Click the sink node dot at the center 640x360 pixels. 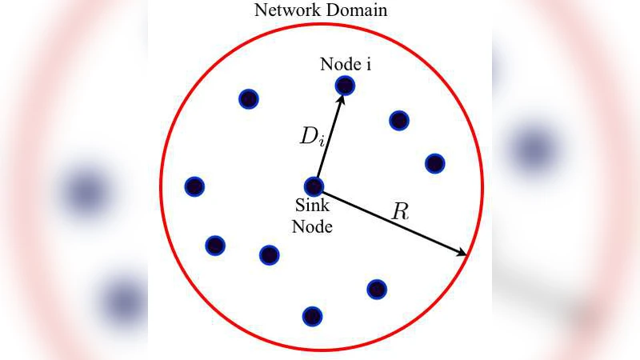(x=314, y=186)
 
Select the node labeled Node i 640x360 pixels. (x=345, y=85)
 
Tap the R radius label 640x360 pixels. (x=400, y=213)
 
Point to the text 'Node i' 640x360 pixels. (x=345, y=64)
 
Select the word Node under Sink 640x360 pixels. (x=312, y=226)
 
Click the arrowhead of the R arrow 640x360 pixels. (x=463, y=254)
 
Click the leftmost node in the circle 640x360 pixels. (x=194, y=186)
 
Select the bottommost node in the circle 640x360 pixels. (x=313, y=316)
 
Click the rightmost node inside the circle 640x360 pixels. (x=434, y=163)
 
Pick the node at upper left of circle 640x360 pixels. (x=249, y=99)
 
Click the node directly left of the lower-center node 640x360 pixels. (x=215, y=246)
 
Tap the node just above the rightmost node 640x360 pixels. (x=399, y=120)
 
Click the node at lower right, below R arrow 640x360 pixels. (x=377, y=289)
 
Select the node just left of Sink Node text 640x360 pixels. (x=270, y=255)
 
